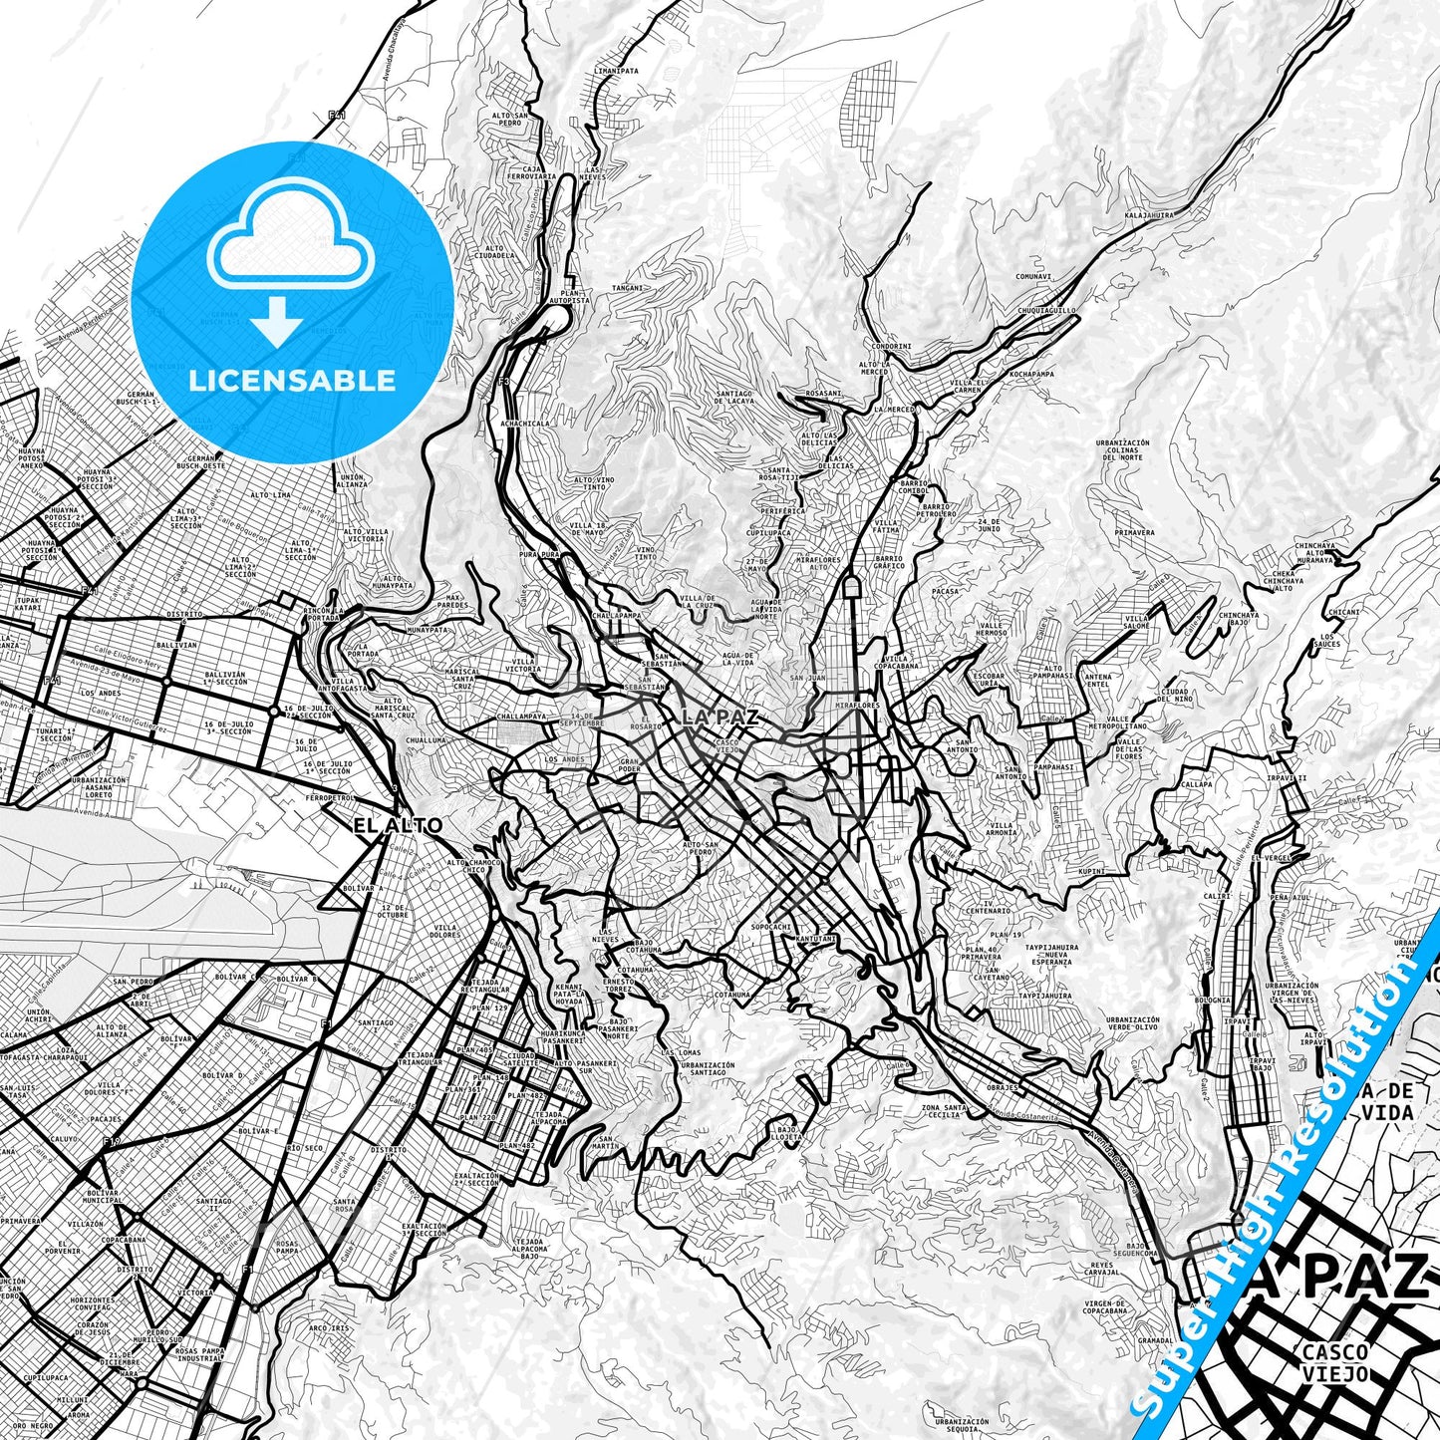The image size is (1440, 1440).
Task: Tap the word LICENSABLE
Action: [292, 381]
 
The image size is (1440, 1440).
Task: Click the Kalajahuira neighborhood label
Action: [1149, 214]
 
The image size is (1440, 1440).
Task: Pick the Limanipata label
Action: [615, 72]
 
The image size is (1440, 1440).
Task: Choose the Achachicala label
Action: [526, 424]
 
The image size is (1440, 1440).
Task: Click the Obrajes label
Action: [1003, 1087]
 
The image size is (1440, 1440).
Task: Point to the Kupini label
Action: [1092, 872]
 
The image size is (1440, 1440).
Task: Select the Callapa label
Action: [1197, 784]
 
